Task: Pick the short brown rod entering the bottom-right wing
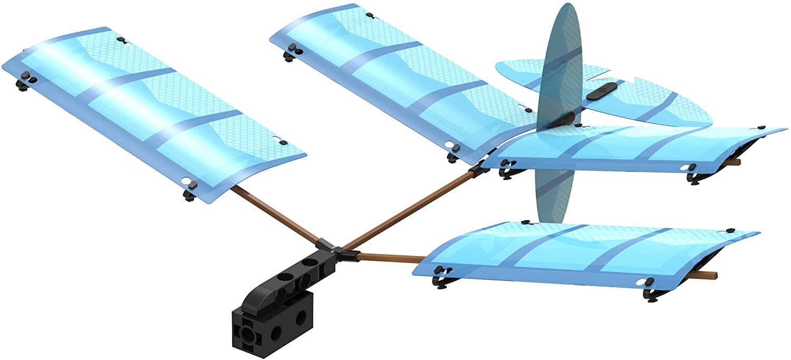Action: (x=390, y=258)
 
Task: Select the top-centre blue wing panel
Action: (x=401, y=79)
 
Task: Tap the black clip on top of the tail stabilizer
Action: (x=598, y=91)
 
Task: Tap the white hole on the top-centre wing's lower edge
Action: (x=449, y=144)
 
